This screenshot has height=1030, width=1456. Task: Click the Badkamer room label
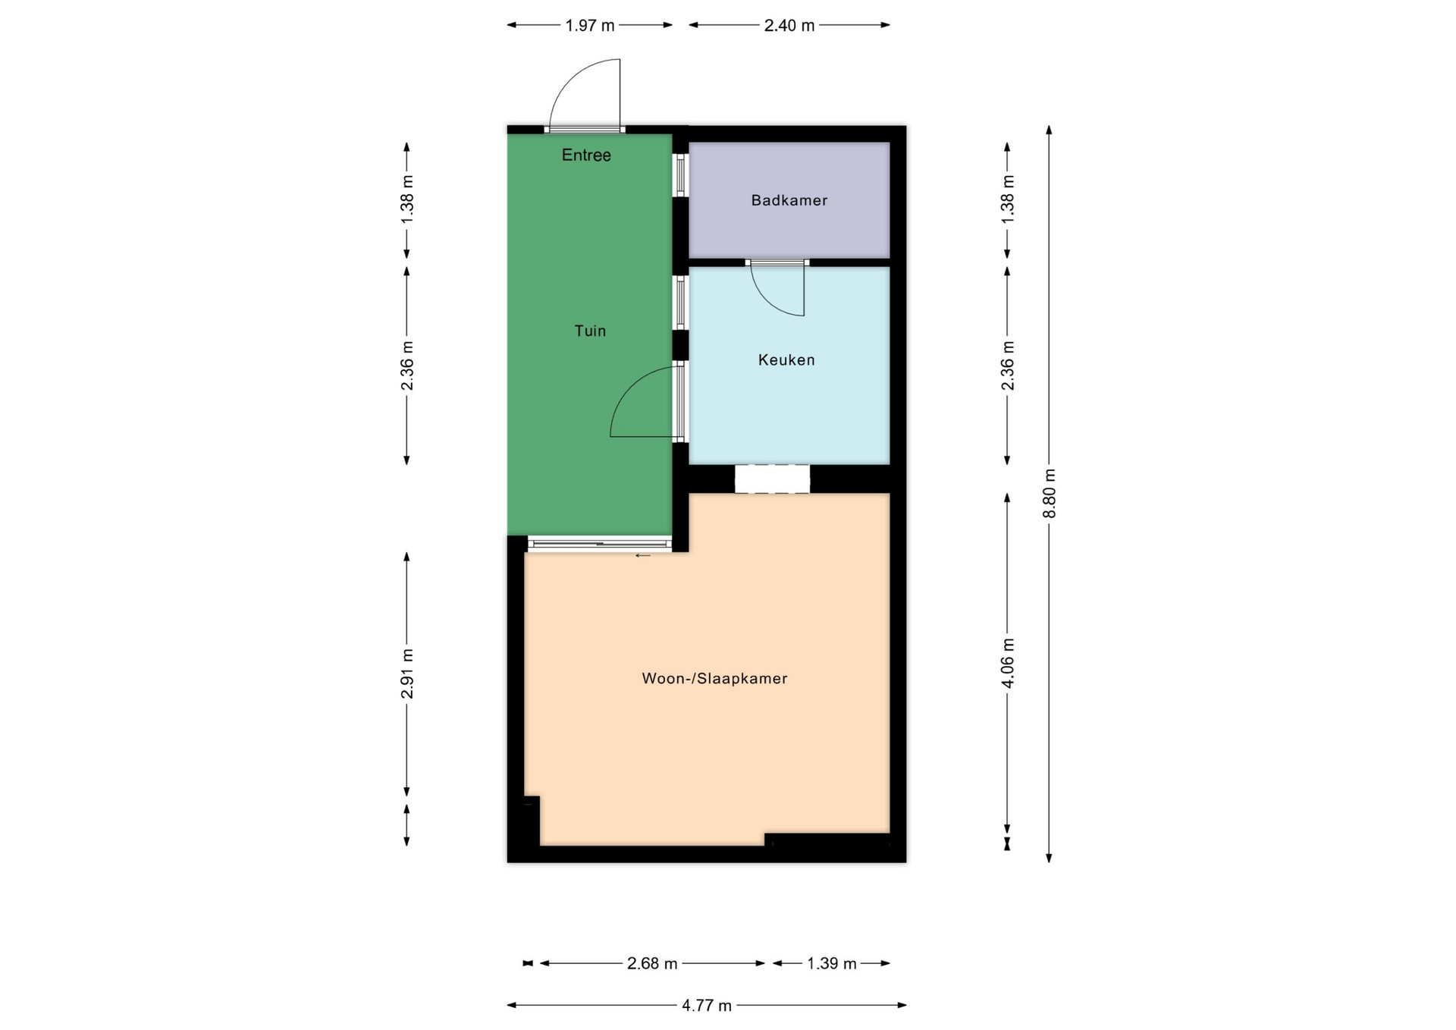[x=789, y=200]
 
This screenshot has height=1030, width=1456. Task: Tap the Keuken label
[x=786, y=360]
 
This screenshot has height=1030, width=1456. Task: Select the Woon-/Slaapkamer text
[x=714, y=679]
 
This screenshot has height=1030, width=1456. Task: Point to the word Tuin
[x=590, y=331]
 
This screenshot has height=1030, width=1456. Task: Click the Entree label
[x=586, y=155]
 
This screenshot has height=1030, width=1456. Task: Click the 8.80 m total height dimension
[x=1050, y=493]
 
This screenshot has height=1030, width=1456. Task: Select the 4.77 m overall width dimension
[x=707, y=1006]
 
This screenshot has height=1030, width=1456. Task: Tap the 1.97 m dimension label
[x=590, y=26]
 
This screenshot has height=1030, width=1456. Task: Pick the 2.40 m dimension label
[x=789, y=26]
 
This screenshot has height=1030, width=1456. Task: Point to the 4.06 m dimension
[x=1008, y=663]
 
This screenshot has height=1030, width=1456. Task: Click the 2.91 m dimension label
[x=407, y=674]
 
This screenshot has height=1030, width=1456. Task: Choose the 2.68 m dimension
[x=652, y=964]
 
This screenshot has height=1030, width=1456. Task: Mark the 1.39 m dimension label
[x=832, y=964]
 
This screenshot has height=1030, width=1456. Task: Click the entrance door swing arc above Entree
[x=570, y=78]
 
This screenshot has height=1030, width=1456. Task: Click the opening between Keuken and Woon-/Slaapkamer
[x=772, y=479]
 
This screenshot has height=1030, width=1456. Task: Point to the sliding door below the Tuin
[x=599, y=543]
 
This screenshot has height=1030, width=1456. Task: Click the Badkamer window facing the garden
[x=681, y=175]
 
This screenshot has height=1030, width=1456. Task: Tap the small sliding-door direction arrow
[x=643, y=556]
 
